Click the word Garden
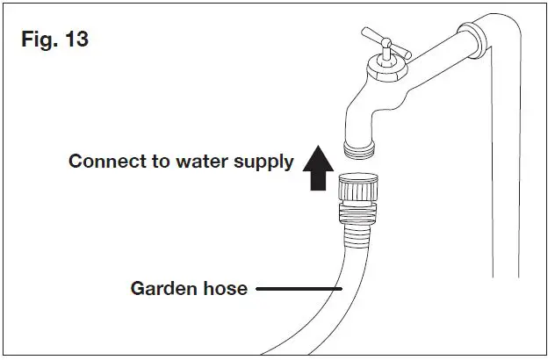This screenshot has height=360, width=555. [x=160, y=288]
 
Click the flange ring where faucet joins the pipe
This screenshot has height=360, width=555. [x=471, y=41]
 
